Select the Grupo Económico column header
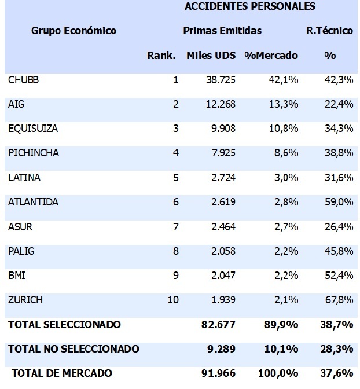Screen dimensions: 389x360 (x=74, y=31)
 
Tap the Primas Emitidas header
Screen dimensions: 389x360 (x=222, y=31)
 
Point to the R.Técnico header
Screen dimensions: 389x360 (x=329, y=31)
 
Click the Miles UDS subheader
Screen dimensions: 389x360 (x=211, y=56)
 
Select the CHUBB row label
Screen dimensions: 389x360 (x=23, y=80)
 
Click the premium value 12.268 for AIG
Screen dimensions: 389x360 (x=221, y=104)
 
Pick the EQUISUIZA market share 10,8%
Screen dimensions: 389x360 (x=284, y=129)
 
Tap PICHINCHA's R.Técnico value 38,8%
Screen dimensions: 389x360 (x=339, y=153)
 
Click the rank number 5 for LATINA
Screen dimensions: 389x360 (x=175, y=178)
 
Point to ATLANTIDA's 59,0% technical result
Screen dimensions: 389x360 (x=339, y=202)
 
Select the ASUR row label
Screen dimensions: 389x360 (x=20, y=227)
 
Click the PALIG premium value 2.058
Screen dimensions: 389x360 (x=223, y=251)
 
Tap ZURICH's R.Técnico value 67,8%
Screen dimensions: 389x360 (x=339, y=300)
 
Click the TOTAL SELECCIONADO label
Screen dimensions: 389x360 (x=64, y=325)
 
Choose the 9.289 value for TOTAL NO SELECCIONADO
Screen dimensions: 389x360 (x=222, y=349)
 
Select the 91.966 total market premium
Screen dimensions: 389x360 (x=219, y=373)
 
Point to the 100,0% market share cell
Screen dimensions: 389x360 (x=281, y=373)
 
